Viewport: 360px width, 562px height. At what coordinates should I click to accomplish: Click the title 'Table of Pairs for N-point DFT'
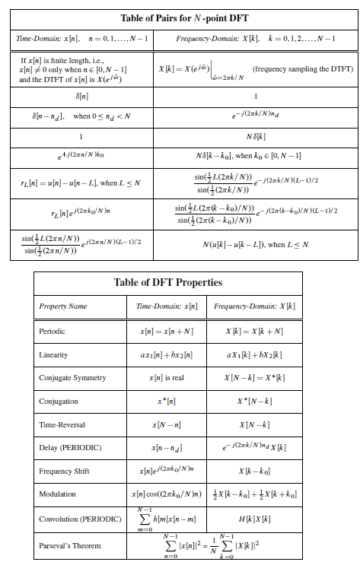tap(180, 17)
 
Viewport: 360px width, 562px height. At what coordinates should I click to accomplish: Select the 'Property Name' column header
tap(62, 306)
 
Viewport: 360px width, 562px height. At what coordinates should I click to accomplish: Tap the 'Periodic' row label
tap(53, 332)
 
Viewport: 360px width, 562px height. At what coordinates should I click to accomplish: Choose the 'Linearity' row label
tap(54, 355)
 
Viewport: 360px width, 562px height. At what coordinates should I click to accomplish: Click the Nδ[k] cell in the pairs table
tap(255, 138)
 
